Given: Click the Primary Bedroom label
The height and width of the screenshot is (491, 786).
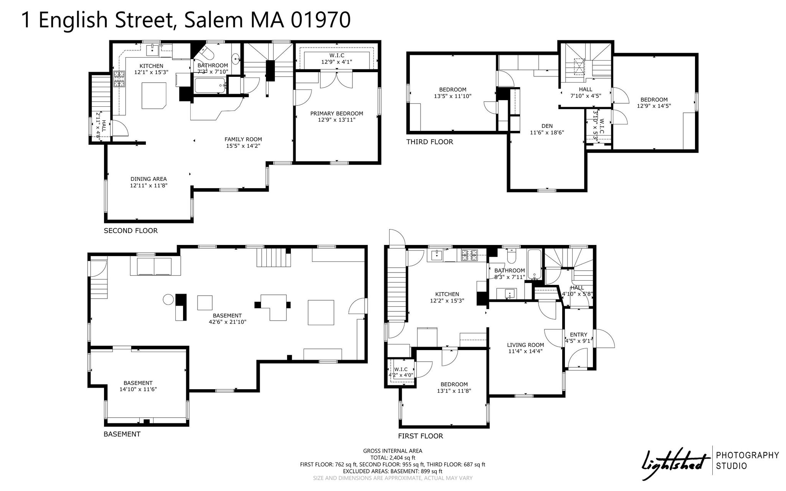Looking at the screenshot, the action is pos(337,113).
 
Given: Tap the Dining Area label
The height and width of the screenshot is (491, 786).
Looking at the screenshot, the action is pos(149,179).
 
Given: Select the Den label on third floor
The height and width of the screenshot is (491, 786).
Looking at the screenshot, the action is pos(547,126).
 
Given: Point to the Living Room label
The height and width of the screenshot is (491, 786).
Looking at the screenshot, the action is pos(525,345).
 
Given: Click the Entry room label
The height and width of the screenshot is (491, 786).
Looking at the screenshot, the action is pos(578,334).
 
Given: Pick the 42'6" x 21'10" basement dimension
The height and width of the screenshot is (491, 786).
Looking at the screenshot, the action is pos(227,322).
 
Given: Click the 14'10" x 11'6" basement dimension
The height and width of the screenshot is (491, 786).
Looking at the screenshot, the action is pos(138,389).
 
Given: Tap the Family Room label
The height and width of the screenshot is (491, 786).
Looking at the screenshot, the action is pos(243,139).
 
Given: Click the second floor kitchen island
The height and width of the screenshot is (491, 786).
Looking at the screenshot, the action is pos(155,96).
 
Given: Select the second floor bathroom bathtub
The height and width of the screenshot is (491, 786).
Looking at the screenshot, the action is pos(210,85).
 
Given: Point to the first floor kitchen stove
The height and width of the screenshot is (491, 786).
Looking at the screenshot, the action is pos(469,253).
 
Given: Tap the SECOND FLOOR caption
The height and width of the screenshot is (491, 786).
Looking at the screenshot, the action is pos(131,231).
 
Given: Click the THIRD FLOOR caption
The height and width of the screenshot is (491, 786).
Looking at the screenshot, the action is pos(430,142).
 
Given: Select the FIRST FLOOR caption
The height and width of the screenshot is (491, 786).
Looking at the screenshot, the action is pos(421,436).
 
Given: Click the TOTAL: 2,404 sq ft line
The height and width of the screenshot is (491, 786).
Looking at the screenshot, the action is pos(393,458).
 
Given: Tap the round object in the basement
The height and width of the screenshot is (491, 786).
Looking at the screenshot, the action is pos(168,299).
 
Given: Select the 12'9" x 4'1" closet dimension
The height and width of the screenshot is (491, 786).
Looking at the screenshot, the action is pos(337,61).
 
